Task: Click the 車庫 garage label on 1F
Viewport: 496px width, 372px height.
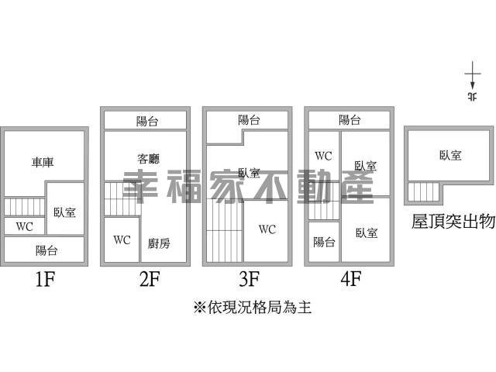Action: (x=43, y=162)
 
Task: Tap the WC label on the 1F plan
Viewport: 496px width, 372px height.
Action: (x=24, y=226)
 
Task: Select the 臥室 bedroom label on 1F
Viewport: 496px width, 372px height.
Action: (x=65, y=212)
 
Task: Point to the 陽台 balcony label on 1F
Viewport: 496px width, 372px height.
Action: (x=46, y=250)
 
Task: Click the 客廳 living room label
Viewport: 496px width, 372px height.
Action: (x=148, y=158)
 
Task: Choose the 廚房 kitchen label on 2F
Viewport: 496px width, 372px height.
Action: (x=159, y=243)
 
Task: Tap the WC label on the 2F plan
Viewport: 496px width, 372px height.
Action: (x=122, y=239)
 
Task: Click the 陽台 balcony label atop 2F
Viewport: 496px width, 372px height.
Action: (x=147, y=121)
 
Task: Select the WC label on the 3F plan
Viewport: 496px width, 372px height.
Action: (x=267, y=229)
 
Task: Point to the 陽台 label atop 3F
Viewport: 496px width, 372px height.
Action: (x=250, y=120)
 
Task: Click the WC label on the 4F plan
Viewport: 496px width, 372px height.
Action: (x=323, y=156)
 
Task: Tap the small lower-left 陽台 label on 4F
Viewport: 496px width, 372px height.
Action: (x=324, y=243)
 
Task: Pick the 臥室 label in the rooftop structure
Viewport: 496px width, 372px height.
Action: (x=450, y=155)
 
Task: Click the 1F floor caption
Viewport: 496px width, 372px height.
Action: (x=45, y=279)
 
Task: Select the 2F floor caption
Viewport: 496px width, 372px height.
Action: (x=150, y=279)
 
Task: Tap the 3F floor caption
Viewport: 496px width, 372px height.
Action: (x=250, y=279)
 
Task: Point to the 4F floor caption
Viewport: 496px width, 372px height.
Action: (x=351, y=279)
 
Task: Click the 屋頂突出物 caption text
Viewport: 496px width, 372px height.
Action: (x=453, y=221)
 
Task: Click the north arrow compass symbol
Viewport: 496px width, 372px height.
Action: (x=473, y=81)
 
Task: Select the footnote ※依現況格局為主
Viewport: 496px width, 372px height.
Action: (x=253, y=307)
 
